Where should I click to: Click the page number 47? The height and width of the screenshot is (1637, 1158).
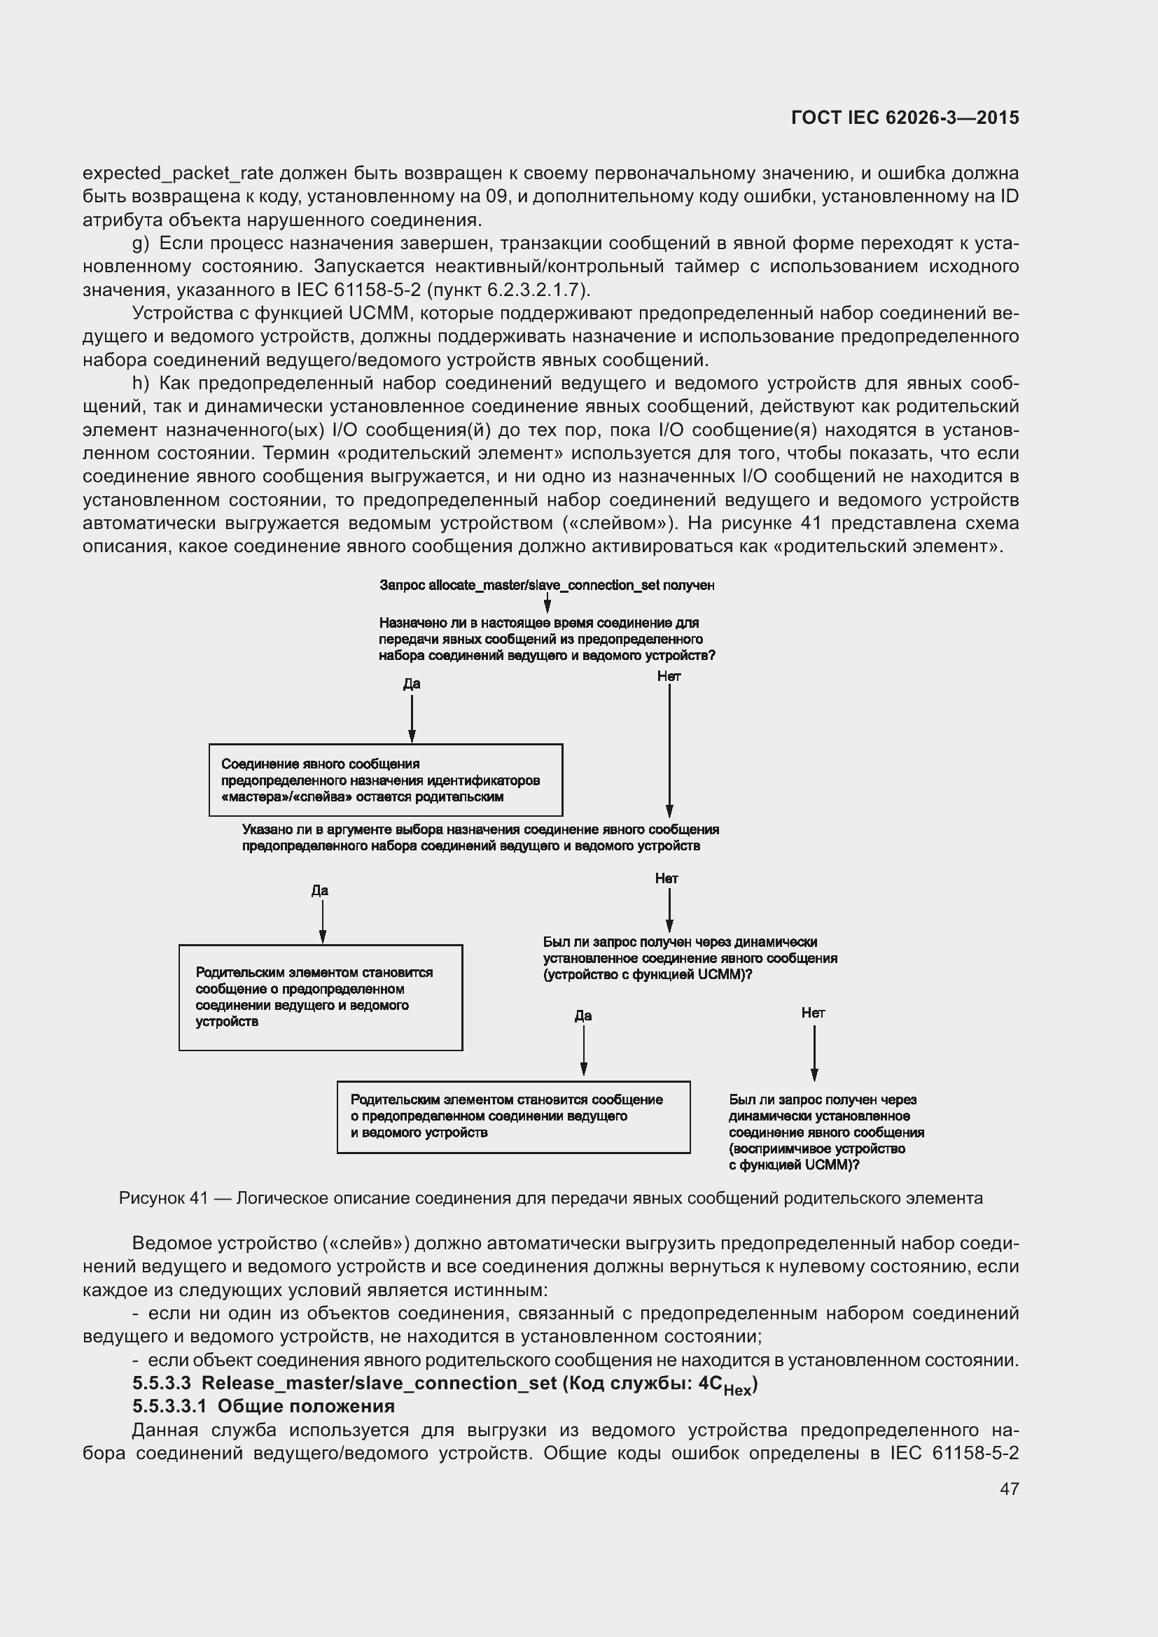pos(1009,1488)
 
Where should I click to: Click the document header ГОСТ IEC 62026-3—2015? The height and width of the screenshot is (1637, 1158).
pos(905,118)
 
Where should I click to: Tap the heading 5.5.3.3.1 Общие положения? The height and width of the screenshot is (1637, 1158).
pos(263,1406)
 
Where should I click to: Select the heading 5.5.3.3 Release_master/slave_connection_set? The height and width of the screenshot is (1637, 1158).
pos(445,1383)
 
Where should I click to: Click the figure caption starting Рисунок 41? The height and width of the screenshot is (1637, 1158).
pos(550,1197)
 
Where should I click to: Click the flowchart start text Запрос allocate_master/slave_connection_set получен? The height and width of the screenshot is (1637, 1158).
pos(547,585)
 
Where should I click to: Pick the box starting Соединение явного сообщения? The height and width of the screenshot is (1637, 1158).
pos(385,780)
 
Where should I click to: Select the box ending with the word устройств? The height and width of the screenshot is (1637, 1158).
pos(320,997)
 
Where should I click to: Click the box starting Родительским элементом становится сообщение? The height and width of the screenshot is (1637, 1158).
pos(512,1116)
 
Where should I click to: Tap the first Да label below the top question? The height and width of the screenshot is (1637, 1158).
pos(412,684)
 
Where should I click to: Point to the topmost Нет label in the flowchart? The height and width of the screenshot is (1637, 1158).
pos(669,676)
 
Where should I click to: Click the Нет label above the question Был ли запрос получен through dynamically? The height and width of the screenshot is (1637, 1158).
pos(667,878)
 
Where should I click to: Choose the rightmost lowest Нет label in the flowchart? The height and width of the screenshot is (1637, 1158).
pos(813,1013)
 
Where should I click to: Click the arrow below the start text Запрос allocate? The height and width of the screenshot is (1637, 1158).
pos(547,603)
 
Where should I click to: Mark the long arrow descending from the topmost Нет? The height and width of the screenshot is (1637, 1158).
pos(669,749)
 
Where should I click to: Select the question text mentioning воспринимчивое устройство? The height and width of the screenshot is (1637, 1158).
pos(825,1132)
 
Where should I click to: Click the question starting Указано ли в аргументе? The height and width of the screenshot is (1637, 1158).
pos(480,838)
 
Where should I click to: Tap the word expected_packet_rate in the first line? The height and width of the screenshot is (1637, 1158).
pos(178,174)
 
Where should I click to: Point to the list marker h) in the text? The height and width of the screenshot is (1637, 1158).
pos(141,384)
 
